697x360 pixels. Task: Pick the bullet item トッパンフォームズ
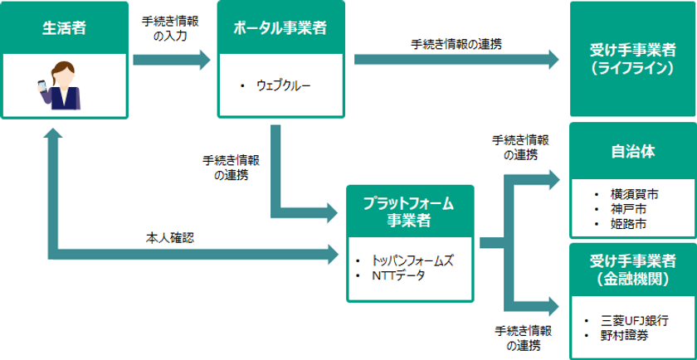click(x=412, y=260)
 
